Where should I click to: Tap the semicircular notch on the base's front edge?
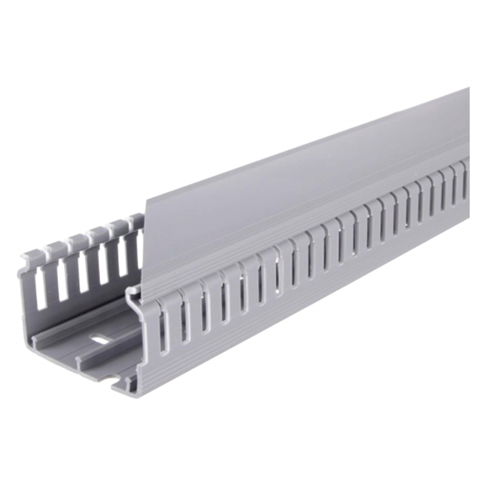[x=112, y=378]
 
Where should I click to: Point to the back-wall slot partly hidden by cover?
[x=140, y=256]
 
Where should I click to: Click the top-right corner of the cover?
[x=469, y=87]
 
